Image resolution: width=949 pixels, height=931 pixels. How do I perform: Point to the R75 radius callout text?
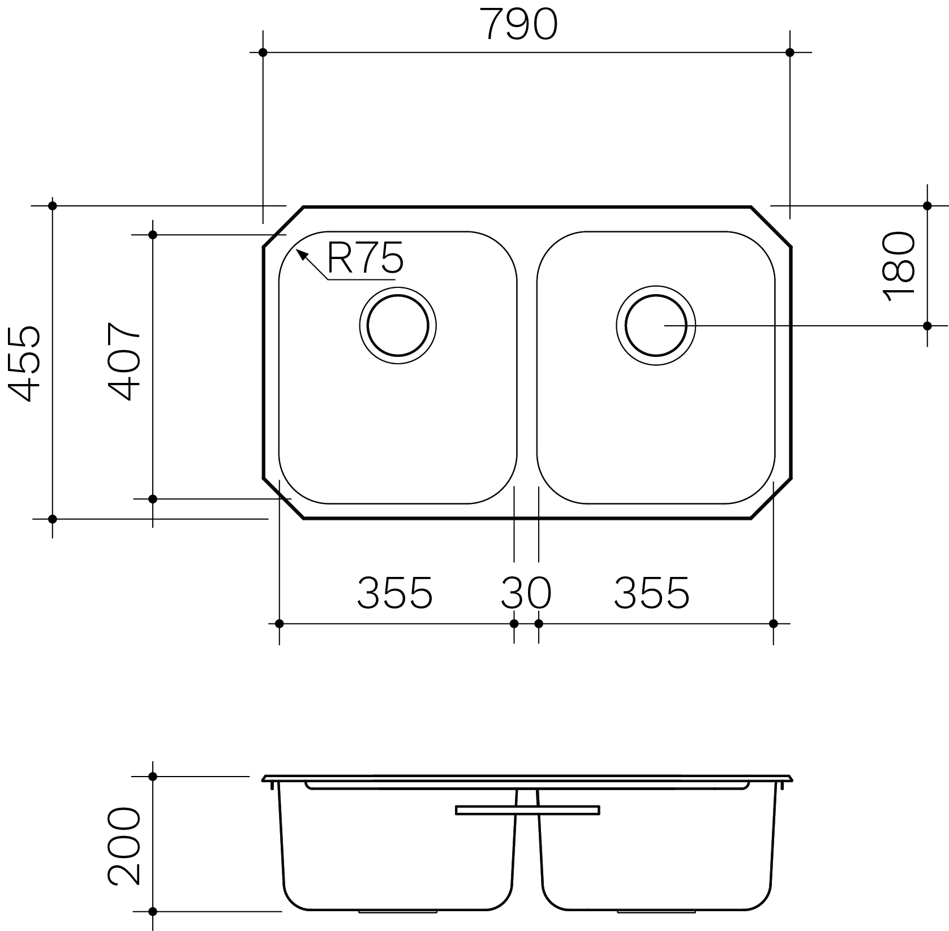click(x=365, y=258)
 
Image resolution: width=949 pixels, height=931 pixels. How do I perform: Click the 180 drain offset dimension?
click(x=899, y=266)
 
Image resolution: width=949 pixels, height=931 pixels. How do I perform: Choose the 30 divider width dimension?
click(x=525, y=593)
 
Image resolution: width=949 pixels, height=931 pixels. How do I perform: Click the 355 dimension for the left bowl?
click(x=395, y=593)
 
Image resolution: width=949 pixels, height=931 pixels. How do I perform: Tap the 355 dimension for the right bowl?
click(x=652, y=593)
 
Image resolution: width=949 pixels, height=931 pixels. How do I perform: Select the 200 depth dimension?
click(x=124, y=846)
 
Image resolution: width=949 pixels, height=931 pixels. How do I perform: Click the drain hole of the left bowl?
click(x=398, y=326)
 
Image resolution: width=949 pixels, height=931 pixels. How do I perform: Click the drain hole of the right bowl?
click(x=656, y=326)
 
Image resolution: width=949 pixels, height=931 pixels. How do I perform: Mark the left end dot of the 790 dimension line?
click(x=263, y=53)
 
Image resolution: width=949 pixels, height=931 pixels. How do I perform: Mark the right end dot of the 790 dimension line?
click(x=790, y=53)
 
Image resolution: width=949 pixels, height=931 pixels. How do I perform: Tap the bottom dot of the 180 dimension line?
click(x=927, y=326)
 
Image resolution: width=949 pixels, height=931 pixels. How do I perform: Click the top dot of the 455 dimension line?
click(x=53, y=206)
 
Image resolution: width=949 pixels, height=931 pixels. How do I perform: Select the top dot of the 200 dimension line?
click(x=152, y=777)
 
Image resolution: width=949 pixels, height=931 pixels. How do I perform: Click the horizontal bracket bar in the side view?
click(x=527, y=811)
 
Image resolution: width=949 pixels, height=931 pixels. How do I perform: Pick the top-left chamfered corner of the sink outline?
click(x=284, y=227)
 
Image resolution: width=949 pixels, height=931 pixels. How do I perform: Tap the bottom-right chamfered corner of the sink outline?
click(x=771, y=498)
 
